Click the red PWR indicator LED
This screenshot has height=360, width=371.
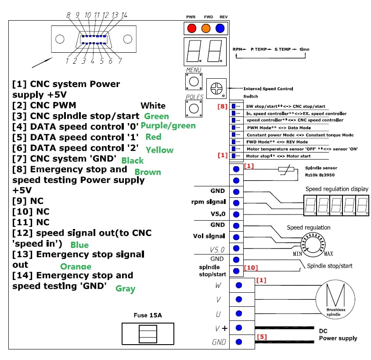pos(191,29)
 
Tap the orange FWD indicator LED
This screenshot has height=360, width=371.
pos(206,29)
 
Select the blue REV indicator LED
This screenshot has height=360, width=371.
pos(220,29)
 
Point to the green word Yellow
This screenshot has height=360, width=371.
pos(159,150)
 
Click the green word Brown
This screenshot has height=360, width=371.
pos(148,172)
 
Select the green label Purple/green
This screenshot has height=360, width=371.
pos(168,126)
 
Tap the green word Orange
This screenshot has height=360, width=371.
pos(76,266)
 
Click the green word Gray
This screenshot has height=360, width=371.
pos(126,289)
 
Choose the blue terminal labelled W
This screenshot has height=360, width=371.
pos(238,285)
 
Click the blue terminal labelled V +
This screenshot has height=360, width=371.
pos(238,328)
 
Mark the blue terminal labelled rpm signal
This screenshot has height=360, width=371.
pos(236,203)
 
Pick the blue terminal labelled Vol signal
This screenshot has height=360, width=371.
pos(236,237)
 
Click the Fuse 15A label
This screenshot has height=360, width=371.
pos(148,316)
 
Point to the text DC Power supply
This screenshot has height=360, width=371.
pos(338,335)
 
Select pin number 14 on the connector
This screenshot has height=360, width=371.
pos(125,15)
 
